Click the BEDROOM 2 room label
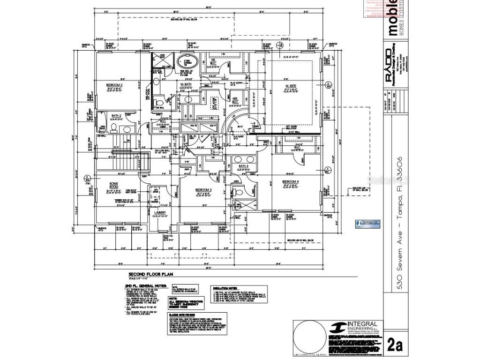(114, 85)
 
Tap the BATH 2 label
(116, 115)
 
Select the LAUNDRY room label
(160, 213)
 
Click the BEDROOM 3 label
(203, 190)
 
